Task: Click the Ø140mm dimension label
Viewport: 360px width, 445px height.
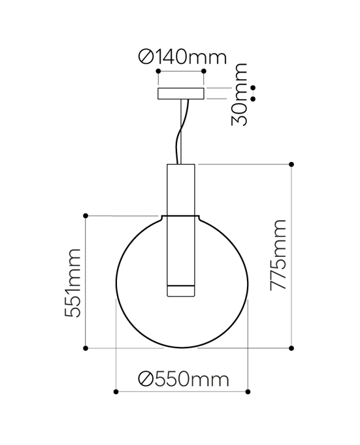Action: click(x=182, y=58)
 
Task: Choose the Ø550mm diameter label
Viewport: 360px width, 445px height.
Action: click(x=184, y=378)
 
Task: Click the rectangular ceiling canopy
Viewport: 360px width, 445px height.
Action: click(x=180, y=94)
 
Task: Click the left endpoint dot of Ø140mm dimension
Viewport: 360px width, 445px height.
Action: click(x=157, y=71)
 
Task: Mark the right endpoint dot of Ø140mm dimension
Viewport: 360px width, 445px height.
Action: click(x=204, y=71)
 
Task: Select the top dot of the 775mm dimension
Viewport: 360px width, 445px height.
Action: click(x=291, y=164)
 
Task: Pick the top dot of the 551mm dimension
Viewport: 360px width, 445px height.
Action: click(x=86, y=215)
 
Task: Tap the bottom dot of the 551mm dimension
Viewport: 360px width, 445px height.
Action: click(x=86, y=348)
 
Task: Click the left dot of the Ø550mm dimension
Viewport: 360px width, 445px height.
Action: click(x=116, y=391)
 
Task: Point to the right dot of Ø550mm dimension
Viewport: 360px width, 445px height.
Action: click(x=248, y=391)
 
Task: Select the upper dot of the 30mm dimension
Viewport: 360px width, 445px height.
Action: click(x=253, y=88)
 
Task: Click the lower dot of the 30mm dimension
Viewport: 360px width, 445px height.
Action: click(x=253, y=99)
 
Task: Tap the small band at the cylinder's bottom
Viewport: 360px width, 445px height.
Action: click(x=180, y=290)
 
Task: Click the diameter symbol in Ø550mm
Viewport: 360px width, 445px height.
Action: click(x=146, y=379)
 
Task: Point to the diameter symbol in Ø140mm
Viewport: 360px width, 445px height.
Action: click(x=146, y=58)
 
